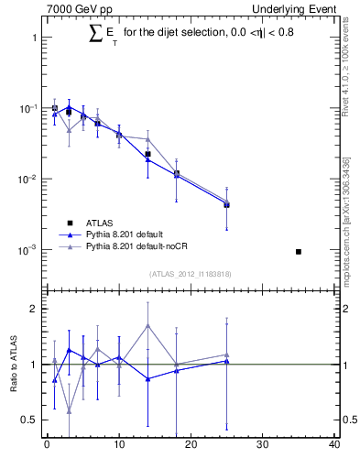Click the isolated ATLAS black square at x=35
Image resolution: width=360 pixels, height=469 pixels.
pyautogui.click(x=299, y=251)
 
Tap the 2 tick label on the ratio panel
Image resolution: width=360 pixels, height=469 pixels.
pyautogui.click(x=32, y=309)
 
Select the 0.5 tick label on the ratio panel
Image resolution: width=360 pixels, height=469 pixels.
pyautogui.click(x=27, y=420)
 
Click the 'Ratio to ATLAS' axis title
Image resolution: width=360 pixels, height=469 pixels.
pyautogui.click(x=14, y=364)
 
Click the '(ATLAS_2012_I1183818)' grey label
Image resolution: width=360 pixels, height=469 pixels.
pyautogui.click(x=191, y=274)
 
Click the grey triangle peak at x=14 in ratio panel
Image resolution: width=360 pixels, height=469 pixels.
pyautogui.click(x=147, y=325)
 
